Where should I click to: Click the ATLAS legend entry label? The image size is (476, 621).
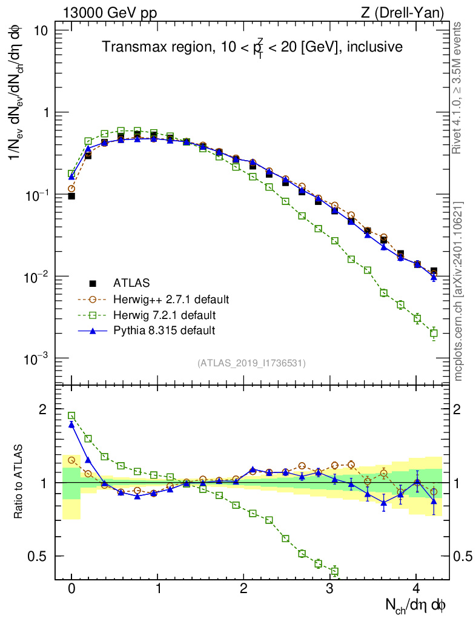pyautogui.click(x=130, y=283)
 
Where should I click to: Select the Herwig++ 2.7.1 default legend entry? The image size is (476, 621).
pyautogui.click(x=171, y=300)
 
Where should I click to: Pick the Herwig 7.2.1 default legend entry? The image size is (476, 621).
pyautogui.click(x=165, y=315)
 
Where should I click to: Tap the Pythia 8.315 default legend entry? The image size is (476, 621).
pyautogui.click(x=164, y=331)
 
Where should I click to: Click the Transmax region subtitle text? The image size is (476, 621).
pyautogui.click(x=252, y=47)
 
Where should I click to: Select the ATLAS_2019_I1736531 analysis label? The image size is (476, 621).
pyautogui.click(x=251, y=363)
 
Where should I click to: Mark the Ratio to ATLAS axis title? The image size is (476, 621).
pyautogui.click(x=19, y=483)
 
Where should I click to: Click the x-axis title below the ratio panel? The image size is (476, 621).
pyautogui.click(x=417, y=605)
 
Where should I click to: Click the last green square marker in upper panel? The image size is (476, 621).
pyautogui.click(x=434, y=333)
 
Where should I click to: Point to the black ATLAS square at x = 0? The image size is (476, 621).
pyautogui.click(x=71, y=196)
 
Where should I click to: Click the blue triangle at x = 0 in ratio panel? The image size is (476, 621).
pyautogui.click(x=71, y=425)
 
